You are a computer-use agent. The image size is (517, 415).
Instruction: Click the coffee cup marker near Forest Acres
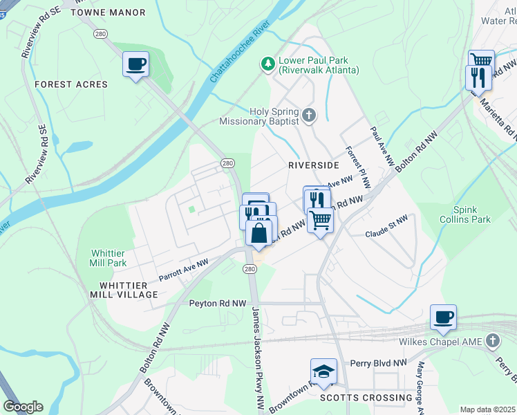click(x=135, y=65)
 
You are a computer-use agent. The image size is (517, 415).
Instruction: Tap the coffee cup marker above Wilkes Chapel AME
click(x=443, y=317)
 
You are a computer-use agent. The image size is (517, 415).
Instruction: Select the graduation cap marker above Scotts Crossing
click(x=323, y=371)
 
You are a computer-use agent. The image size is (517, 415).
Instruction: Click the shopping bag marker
click(x=258, y=234)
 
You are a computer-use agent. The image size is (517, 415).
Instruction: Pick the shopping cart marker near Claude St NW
click(x=320, y=221)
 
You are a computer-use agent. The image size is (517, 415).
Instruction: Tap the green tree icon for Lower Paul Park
click(x=267, y=64)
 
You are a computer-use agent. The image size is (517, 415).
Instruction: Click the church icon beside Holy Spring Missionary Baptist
click(x=309, y=116)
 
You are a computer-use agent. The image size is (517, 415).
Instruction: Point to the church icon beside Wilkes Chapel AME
click(x=492, y=341)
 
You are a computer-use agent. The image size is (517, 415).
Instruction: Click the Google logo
click(x=23, y=407)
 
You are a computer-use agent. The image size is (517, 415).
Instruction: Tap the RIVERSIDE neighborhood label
click(x=313, y=165)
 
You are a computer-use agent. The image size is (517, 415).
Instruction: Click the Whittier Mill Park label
click(x=108, y=258)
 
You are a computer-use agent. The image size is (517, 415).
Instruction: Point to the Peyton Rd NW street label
click(x=218, y=303)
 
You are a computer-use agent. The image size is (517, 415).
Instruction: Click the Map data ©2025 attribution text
click(x=488, y=409)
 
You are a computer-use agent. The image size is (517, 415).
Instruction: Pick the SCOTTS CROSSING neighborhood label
click(x=366, y=398)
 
